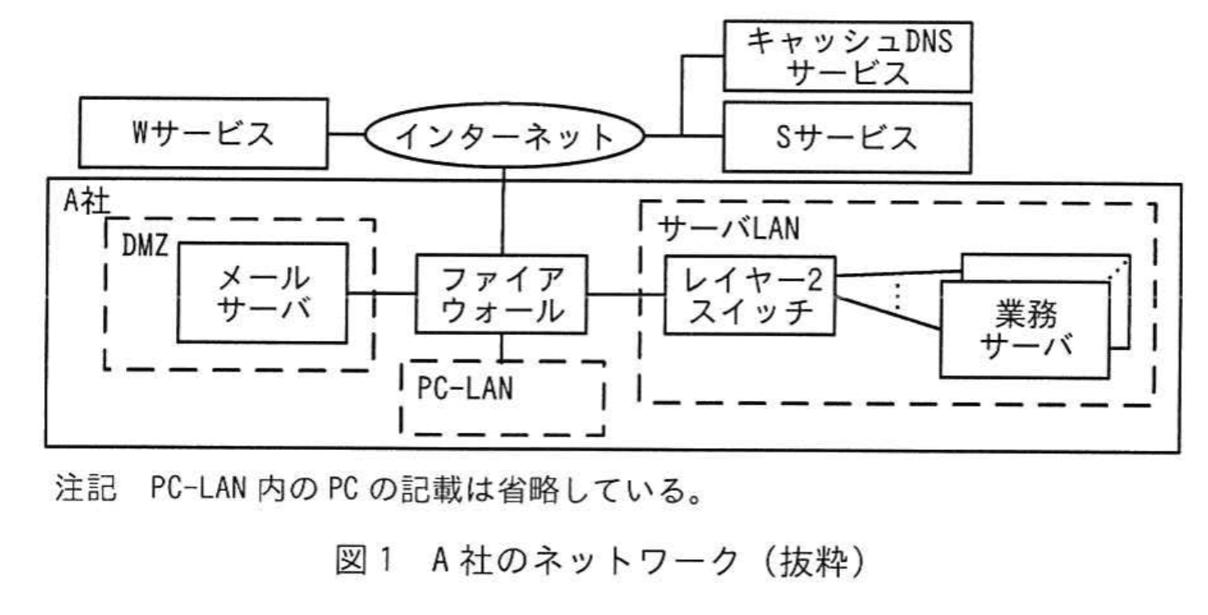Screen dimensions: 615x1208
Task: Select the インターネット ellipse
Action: [504, 136]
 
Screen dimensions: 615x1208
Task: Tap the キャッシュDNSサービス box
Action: [848, 56]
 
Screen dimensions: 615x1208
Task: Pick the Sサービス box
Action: [848, 136]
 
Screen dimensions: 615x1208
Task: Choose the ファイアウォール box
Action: [501, 295]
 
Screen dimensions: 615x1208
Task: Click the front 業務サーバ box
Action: [1026, 328]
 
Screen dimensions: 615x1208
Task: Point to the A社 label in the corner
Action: [84, 201]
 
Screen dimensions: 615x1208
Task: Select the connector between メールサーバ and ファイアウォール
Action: [381, 292]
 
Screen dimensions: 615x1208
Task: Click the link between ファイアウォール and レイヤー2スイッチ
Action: [626, 293]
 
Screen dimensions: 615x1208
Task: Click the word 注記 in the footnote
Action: [81, 487]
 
